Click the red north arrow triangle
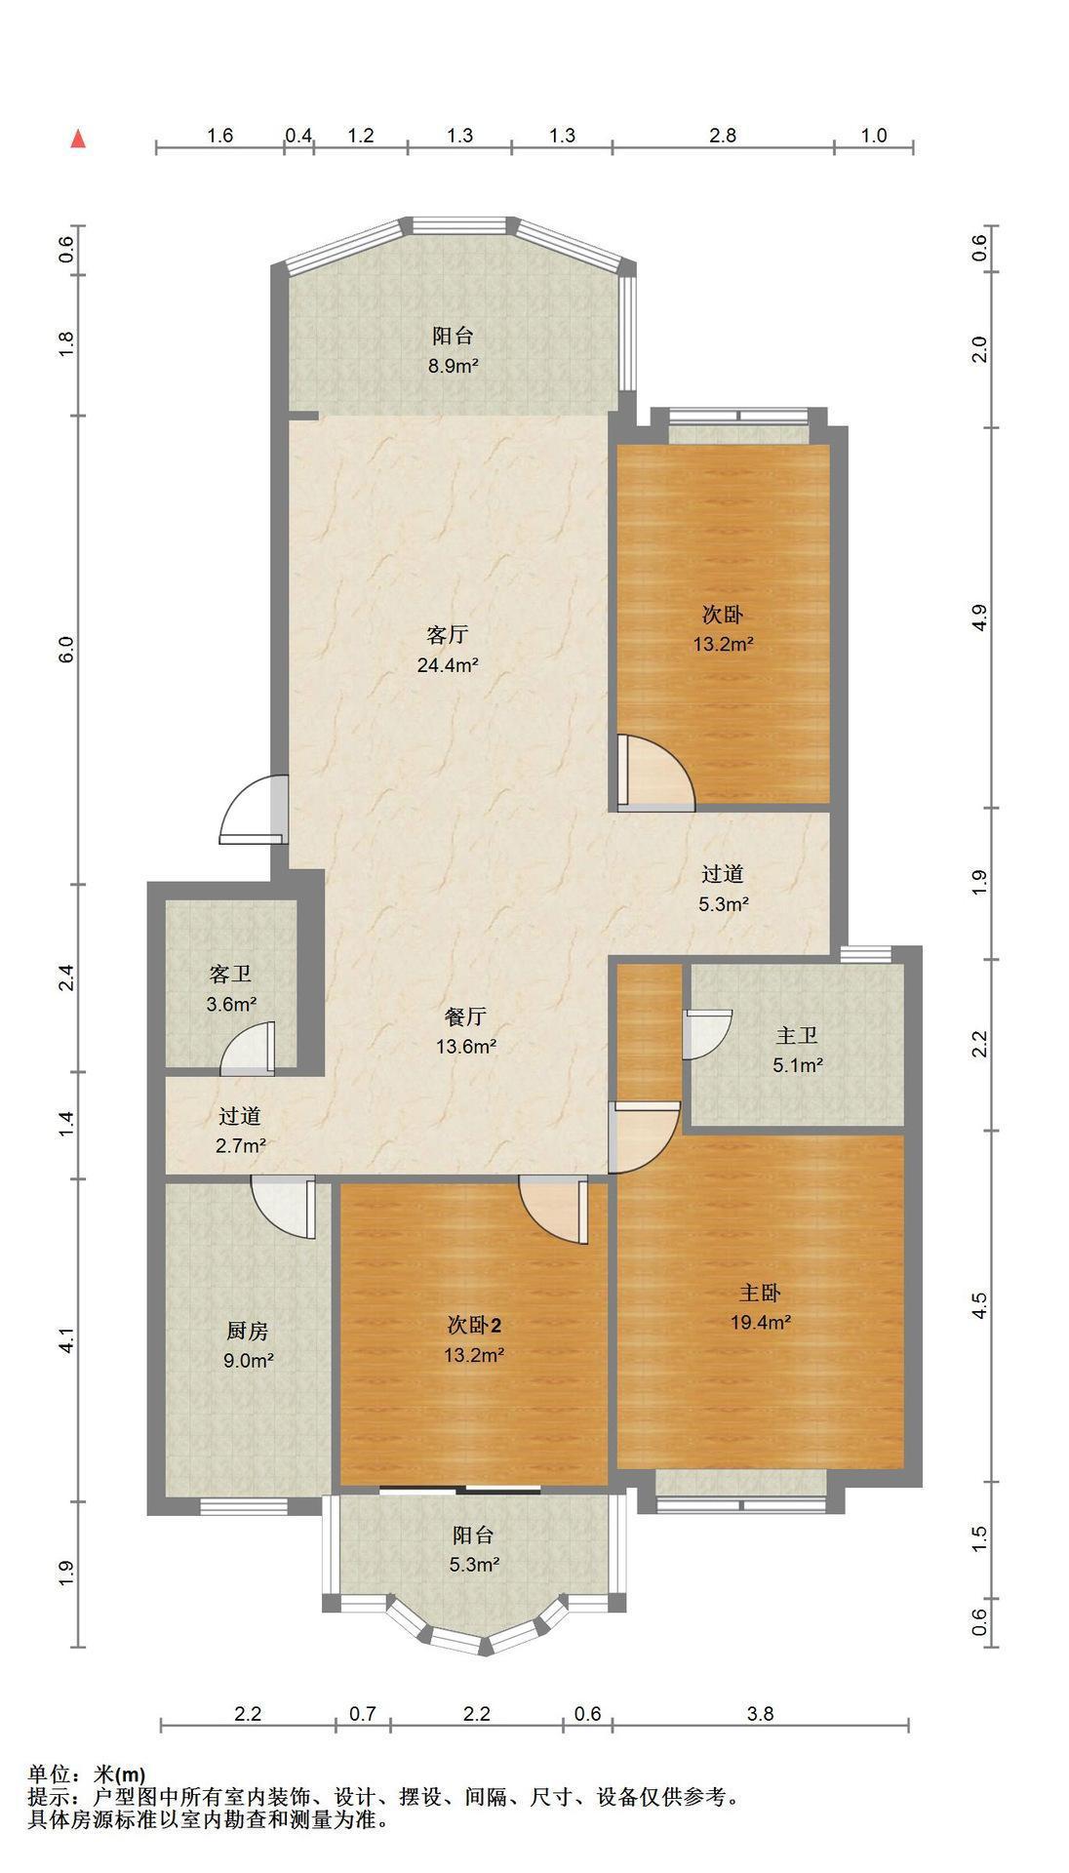click(79, 139)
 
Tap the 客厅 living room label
click(448, 635)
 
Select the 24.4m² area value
click(447, 666)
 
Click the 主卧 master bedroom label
click(760, 1293)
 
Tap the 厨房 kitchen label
click(248, 1331)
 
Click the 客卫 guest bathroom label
click(231, 974)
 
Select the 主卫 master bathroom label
click(797, 1035)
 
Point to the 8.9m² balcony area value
click(454, 367)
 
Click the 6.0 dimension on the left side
click(66, 651)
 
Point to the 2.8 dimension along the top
click(723, 136)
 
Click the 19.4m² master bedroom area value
click(761, 1323)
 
